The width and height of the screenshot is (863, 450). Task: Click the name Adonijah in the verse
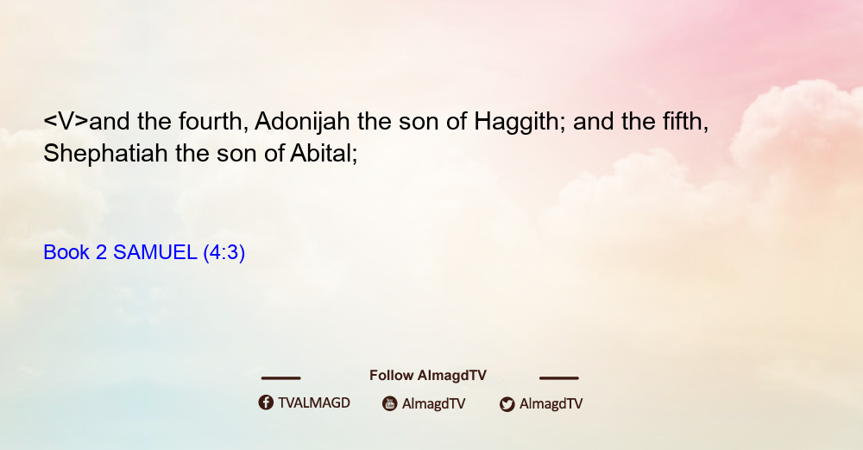pos(302,121)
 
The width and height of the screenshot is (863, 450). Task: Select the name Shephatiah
pos(105,153)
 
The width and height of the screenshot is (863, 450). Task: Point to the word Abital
pos(324,153)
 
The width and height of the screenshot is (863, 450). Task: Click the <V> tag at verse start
pos(66,121)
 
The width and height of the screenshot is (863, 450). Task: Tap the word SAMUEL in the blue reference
pos(154,252)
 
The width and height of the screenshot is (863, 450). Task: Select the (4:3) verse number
pos(224,253)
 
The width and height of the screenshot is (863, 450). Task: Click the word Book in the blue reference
pos(66,252)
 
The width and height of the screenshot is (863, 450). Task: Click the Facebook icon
pos(266,402)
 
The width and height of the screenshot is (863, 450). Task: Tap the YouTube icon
pos(390,403)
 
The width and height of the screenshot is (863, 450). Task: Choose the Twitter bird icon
pos(507,404)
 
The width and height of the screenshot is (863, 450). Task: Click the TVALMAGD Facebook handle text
pos(314,402)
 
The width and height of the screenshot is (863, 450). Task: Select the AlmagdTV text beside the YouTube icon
pos(434,403)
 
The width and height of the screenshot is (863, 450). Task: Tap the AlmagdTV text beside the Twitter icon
pos(551,403)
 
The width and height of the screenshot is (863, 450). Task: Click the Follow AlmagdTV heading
pos(428,375)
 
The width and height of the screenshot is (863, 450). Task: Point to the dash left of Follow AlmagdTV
pos(280,377)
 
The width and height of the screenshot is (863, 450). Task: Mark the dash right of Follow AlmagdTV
pos(559,377)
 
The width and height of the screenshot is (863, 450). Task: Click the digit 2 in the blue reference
pos(101,252)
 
